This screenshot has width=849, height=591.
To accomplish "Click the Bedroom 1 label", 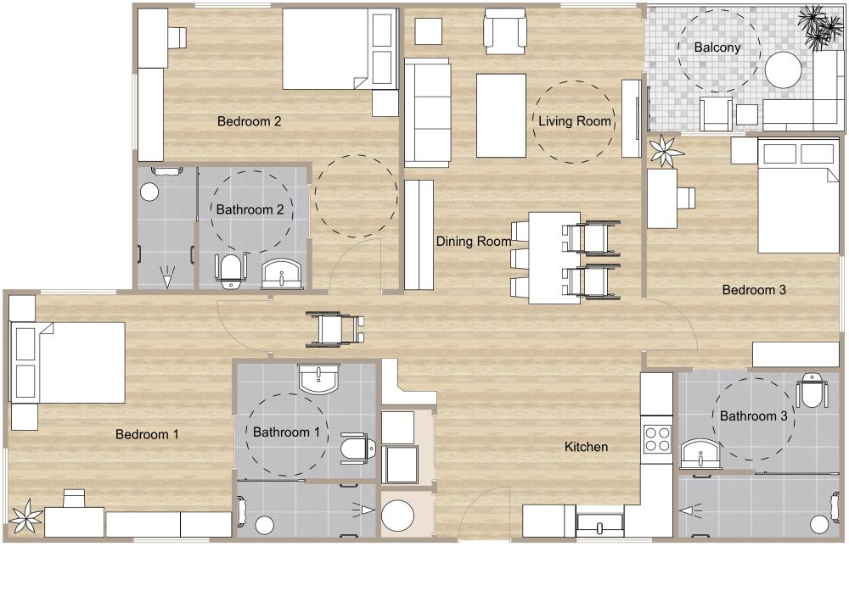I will pyautogui.click(x=147, y=435).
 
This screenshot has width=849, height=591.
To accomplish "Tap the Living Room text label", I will pyautogui.click(x=575, y=121).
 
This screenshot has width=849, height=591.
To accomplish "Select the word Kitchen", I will pyautogui.click(x=587, y=446).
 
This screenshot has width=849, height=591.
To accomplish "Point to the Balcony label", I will pyautogui.click(x=717, y=47).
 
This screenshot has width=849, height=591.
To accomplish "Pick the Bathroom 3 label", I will pyautogui.click(x=754, y=415).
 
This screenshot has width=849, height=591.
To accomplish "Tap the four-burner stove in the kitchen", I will pyautogui.click(x=656, y=438).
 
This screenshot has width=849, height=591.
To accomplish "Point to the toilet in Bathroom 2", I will pyautogui.click(x=230, y=268).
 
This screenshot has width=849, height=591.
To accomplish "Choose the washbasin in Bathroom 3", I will pyautogui.click(x=700, y=454).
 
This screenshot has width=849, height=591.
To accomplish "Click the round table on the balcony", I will pyautogui.click(x=783, y=70).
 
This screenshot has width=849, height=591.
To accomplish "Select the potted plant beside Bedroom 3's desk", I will pyautogui.click(x=666, y=152).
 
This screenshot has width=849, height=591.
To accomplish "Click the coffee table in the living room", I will pyautogui.click(x=502, y=115).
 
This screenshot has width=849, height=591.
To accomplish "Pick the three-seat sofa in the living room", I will pyautogui.click(x=426, y=112).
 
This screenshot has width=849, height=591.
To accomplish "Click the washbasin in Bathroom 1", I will pyautogui.click(x=318, y=379).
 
